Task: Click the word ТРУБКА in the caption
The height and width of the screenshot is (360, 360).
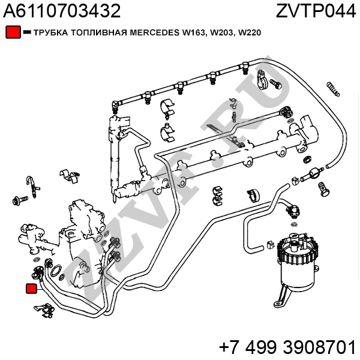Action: (x=49, y=32)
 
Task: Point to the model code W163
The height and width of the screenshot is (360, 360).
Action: (x=196, y=32)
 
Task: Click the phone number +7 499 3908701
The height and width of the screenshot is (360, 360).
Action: (x=287, y=346)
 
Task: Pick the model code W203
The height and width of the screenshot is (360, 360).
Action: (x=222, y=32)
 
